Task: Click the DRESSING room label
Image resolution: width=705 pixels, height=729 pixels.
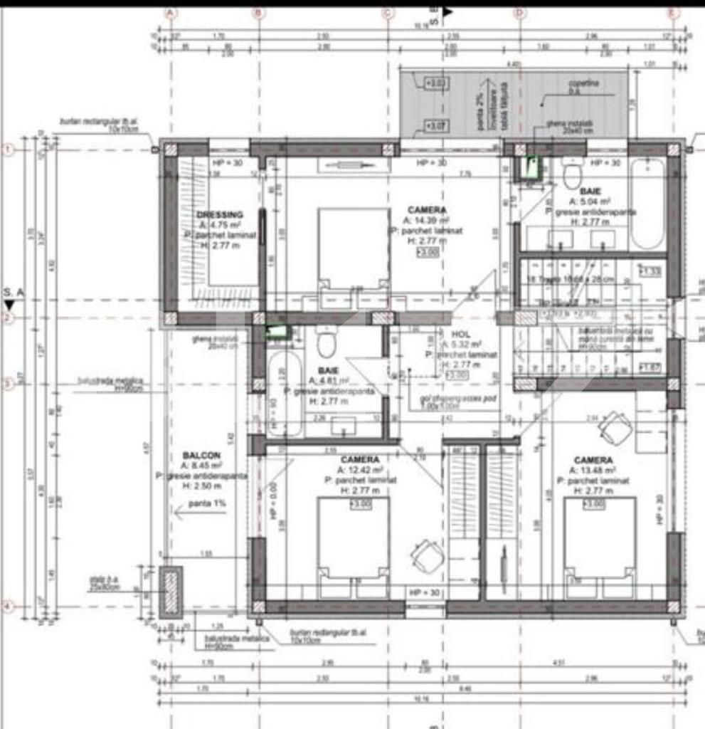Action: click(x=220, y=214)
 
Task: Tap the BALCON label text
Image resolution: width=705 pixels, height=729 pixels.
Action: click(x=201, y=455)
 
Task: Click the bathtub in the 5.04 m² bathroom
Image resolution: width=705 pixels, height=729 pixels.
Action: click(x=647, y=204)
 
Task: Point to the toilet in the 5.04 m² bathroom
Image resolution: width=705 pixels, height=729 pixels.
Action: click(x=572, y=173)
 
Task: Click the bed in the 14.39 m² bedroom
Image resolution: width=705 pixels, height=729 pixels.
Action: click(x=354, y=249)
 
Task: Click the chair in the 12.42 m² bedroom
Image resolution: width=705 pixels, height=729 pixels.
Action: click(x=428, y=555)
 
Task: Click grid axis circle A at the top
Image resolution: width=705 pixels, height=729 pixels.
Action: click(x=170, y=12)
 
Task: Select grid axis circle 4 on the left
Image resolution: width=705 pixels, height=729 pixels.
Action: click(x=8, y=607)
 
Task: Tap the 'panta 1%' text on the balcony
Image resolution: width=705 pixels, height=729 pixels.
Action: click(x=207, y=504)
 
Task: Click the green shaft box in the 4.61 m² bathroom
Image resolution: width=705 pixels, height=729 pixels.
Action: click(x=277, y=331)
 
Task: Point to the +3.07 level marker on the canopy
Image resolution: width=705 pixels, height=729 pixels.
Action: click(x=435, y=127)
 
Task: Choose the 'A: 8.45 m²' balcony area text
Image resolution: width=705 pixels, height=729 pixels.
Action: click(x=201, y=466)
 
